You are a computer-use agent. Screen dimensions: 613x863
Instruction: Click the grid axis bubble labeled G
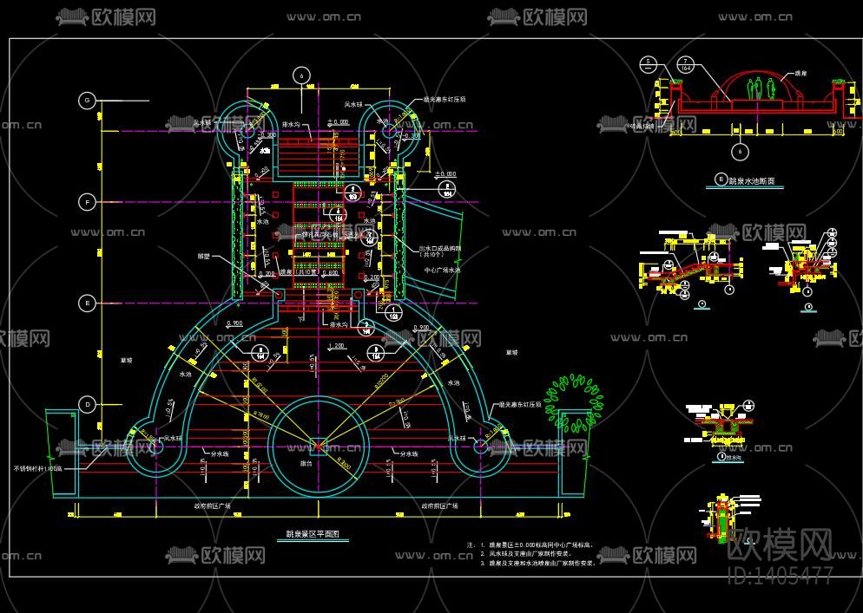[x=86, y=101]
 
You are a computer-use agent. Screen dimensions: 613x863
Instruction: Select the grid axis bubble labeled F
[x=86, y=202]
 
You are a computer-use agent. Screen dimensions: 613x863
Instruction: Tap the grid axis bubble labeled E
[x=86, y=303]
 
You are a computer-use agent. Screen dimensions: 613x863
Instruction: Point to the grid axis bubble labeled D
[x=86, y=404]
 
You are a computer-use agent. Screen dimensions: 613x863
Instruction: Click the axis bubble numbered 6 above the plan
[x=302, y=76]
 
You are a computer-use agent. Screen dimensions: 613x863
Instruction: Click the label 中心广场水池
[x=442, y=271]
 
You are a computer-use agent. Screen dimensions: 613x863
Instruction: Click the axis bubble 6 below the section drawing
[x=740, y=152]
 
